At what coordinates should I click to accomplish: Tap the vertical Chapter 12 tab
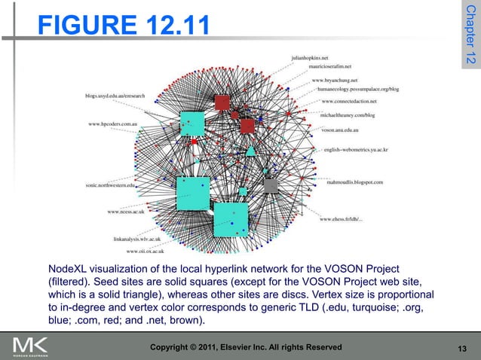(x=470, y=38)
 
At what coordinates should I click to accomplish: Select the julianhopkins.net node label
(x=311, y=56)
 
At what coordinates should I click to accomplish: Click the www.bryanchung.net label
(x=334, y=80)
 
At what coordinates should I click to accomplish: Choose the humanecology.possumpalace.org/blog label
(x=357, y=89)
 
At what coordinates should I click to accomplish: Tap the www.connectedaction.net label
(x=349, y=100)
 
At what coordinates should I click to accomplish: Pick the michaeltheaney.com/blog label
(x=348, y=115)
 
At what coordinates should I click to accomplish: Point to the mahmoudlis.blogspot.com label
(x=355, y=182)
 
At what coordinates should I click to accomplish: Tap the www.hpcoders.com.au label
(x=111, y=123)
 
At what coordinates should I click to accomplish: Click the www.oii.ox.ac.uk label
(x=146, y=251)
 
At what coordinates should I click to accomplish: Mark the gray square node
(x=270, y=185)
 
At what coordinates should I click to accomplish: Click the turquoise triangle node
(x=250, y=151)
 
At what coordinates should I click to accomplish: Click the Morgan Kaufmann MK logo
(x=30, y=347)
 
